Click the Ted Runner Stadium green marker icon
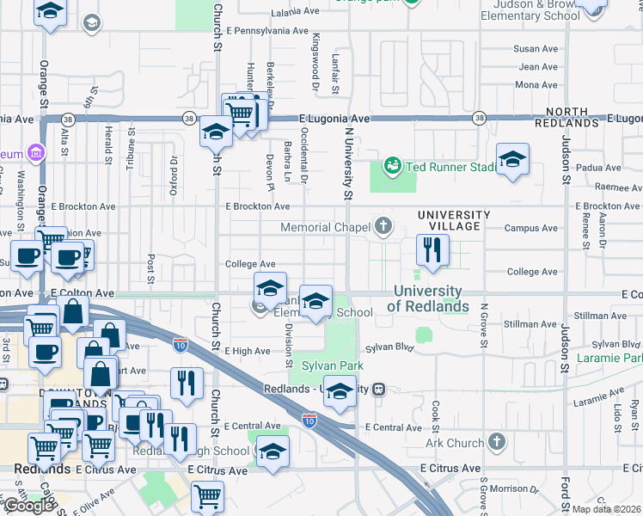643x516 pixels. click(392, 164)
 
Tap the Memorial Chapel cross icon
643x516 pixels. click(383, 228)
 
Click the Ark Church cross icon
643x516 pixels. click(495, 443)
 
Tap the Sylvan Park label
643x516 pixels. click(332, 365)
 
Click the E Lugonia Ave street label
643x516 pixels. click(334, 119)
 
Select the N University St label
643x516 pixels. click(349, 163)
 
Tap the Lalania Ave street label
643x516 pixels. click(295, 13)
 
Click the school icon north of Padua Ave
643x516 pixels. click(512, 160)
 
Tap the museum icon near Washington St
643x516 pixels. click(36, 153)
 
